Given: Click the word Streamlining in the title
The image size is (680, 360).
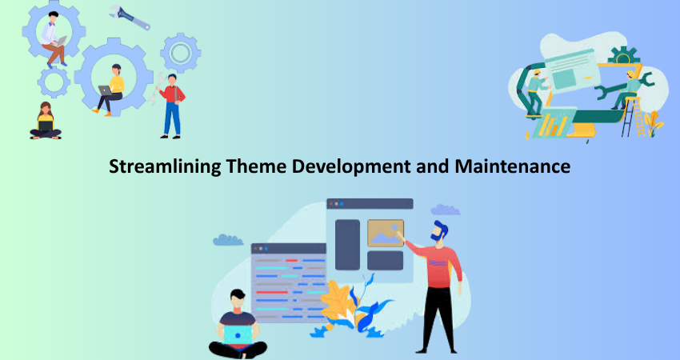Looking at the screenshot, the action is [x=165, y=167].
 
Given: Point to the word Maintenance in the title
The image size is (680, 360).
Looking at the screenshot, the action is [x=513, y=166].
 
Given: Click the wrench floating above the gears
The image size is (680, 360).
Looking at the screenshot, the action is [x=130, y=18].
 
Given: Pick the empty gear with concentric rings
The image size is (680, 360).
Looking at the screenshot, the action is [x=181, y=53].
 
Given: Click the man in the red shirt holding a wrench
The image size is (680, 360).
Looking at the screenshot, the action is [x=171, y=106].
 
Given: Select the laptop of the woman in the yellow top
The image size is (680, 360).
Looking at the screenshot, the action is [x=105, y=90].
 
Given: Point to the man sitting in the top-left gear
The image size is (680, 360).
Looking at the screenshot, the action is [x=54, y=39].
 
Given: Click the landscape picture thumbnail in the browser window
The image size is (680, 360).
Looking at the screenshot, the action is [x=386, y=233].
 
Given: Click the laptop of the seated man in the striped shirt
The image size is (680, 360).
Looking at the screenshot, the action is [x=238, y=334].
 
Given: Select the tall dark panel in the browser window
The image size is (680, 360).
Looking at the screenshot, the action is [x=347, y=245].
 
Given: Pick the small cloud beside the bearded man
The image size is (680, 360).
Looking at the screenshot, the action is [x=446, y=210].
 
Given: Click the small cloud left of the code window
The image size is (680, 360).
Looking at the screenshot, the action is [x=228, y=240].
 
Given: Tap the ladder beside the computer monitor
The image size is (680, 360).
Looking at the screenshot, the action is [x=632, y=117].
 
